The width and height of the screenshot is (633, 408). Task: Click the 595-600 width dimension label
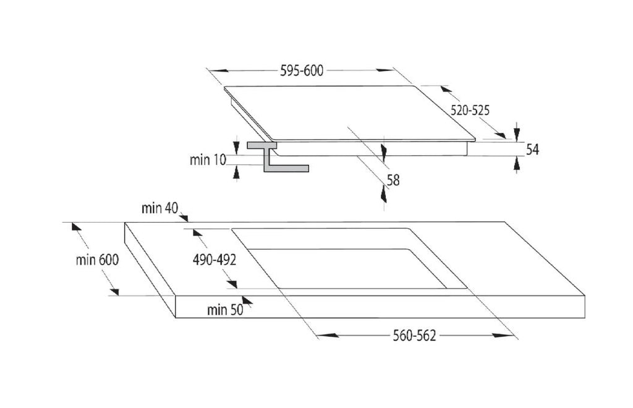[x=302, y=71]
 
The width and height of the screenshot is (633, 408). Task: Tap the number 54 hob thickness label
[x=532, y=149]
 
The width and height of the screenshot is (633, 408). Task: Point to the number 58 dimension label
[x=393, y=180]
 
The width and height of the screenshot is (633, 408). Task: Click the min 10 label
[x=208, y=159]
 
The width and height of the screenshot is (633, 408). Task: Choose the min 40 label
[x=160, y=208]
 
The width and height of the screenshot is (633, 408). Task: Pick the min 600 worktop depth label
[x=98, y=260]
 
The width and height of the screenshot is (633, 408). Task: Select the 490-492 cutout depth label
[x=215, y=260]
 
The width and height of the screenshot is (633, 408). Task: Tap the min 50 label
[x=225, y=310]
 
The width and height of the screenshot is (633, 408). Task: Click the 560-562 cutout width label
[x=414, y=336]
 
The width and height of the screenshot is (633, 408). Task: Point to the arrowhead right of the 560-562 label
[x=501, y=336]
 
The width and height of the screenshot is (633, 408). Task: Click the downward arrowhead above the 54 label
[x=517, y=134]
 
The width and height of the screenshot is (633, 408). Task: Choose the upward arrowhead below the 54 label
[x=517, y=163]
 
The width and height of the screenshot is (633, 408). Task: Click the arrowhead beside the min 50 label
[x=247, y=301]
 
